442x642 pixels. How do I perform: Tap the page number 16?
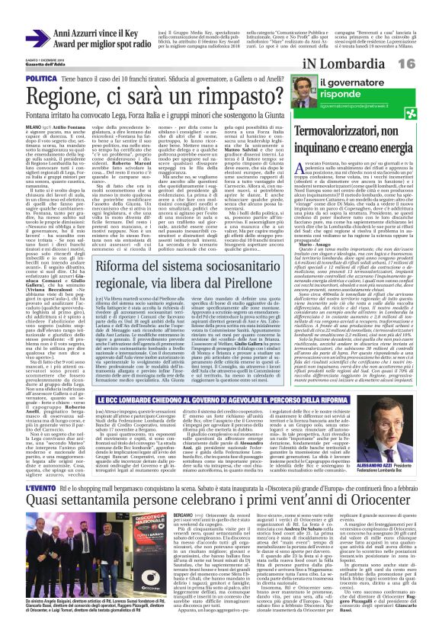click(x=428, y=63)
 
